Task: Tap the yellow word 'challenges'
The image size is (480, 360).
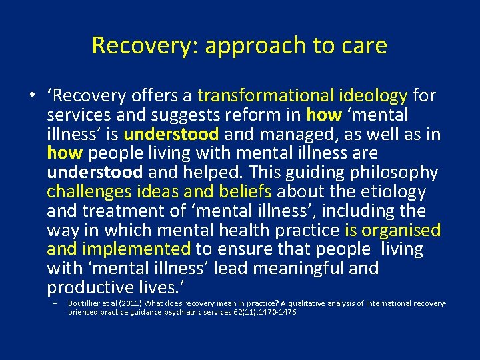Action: [x=90, y=192]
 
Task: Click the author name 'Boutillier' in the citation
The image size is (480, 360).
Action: [x=86, y=304]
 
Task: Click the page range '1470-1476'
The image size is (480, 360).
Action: [x=274, y=311]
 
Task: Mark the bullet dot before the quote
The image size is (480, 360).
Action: [x=31, y=97]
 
